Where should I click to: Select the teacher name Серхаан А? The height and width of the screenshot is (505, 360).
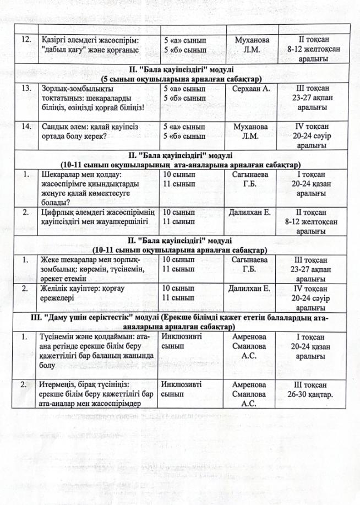(x=252, y=89)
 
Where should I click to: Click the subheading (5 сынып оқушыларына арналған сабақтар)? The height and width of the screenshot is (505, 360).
(x=181, y=79)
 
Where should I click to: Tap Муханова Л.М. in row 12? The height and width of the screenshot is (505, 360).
(x=252, y=45)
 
